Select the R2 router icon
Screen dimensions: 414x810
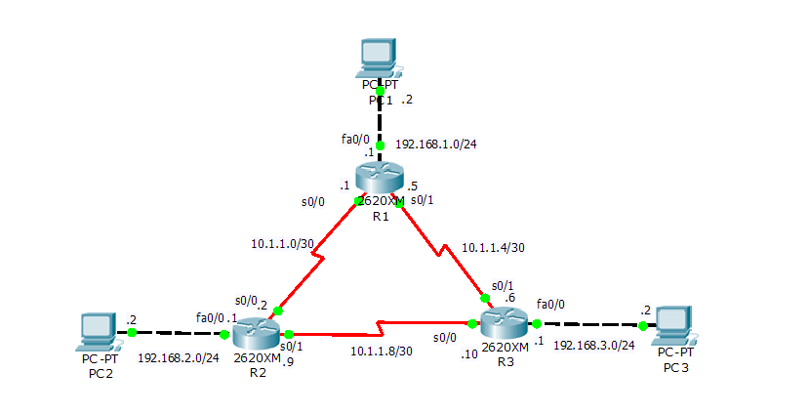pos(256,334)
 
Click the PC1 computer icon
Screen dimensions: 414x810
pos(379,59)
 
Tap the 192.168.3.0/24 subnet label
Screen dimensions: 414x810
pos(594,346)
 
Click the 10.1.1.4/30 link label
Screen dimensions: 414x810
pos(493,248)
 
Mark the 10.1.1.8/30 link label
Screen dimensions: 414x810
pos(382,351)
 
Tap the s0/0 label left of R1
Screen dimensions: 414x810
pos(313,202)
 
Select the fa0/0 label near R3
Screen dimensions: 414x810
pos(550,304)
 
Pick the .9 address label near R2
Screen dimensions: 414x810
pos(289,359)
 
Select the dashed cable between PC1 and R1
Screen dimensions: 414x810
pos(380,118)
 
